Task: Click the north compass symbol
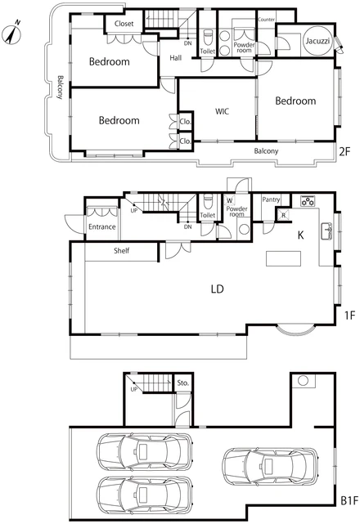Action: click(x=11, y=34)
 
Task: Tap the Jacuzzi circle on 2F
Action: click(x=317, y=41)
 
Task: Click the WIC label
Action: click(x=223, y=111)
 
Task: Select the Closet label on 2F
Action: click(x=124, y=24)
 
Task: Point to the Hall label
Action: click(x=176, y=58)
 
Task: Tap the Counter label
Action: click(x=267, y=20)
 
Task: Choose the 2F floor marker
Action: click(x=344, y=152)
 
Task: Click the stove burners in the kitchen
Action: click(x=308, y=201)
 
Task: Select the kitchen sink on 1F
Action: click(x=326, y=231)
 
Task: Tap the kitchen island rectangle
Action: click(x=283, y=258)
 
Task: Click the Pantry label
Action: click(x=271, y=199)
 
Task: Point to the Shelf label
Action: click(x=121, y=251)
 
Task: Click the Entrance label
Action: click(x=102, y=226)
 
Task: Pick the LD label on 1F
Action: click(x=217, y=289)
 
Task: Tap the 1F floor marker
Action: click(x=349, y=315)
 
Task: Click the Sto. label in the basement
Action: click(x=183, y=383)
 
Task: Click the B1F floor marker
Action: click(x=349, y=500)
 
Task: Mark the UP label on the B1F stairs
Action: click(x=134, y=389)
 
